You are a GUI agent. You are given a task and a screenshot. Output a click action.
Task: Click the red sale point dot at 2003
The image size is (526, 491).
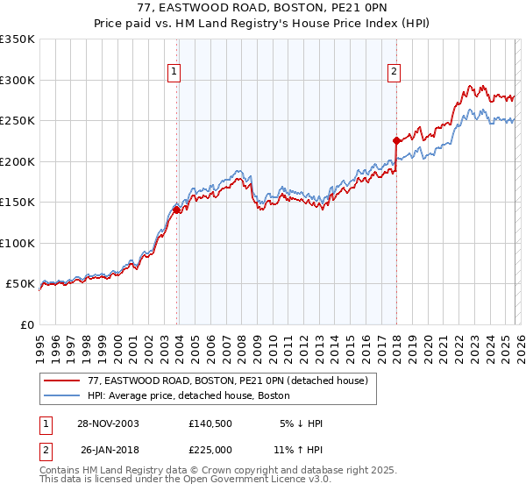(x=177, y=210)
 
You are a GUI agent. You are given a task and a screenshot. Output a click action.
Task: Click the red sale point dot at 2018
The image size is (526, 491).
(x=396, y=140)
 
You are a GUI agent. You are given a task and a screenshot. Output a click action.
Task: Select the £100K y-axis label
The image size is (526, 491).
(x=18, y=243)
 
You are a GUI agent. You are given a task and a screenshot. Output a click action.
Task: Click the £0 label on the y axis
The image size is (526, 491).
(x=26, y=324)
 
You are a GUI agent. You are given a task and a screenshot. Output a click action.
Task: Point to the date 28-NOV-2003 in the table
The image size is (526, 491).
(x=108, y=423)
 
